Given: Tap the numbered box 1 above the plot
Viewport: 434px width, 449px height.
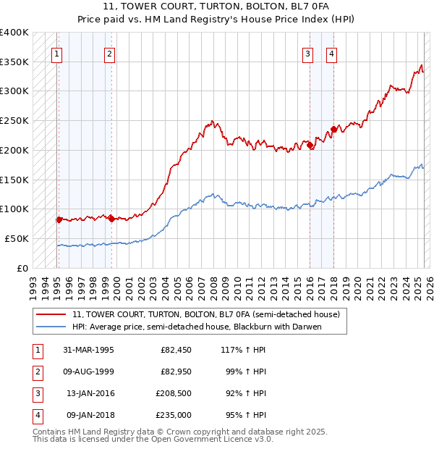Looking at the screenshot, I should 56,53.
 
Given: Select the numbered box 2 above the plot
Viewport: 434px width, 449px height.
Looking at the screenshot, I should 109,53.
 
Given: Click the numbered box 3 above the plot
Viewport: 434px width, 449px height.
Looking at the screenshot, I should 307,53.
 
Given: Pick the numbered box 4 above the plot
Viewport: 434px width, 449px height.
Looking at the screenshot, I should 331,53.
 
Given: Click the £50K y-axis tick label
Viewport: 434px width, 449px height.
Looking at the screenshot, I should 17,238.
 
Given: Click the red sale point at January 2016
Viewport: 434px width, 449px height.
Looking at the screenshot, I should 310,146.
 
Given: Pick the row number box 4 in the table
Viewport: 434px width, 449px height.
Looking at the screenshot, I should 37,415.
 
